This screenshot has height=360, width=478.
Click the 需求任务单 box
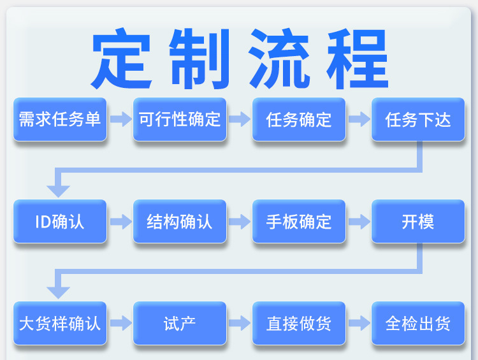click(60, 119)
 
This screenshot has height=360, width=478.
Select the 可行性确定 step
click(180, 119)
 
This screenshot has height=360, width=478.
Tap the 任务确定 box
click(299, 119)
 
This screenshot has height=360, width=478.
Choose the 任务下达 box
click(418, 119)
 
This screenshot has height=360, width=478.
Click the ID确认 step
click(60, 221)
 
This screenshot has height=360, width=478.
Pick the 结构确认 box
click(180, 221)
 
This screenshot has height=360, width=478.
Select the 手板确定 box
click(299, 221)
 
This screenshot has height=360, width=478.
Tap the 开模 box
click(418, 221)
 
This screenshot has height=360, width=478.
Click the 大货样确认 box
click(60, 323)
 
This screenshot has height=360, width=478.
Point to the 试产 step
click(180, 323)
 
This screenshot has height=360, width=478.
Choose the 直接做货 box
click(299, 323)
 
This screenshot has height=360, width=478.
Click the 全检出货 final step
click(418, 323)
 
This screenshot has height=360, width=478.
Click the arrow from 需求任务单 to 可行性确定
click(120, 119)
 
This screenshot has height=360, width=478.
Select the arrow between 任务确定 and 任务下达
click(359, 119)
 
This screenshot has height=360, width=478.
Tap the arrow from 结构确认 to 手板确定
click(240, 222)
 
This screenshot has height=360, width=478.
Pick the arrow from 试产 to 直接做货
click(240, 323)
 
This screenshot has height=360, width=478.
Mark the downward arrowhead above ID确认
click(58, 191)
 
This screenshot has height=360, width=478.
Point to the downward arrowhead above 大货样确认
click(58, 292)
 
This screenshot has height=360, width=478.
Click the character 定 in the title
click(121, 58)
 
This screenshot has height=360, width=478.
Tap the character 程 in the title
click(358, 59)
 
